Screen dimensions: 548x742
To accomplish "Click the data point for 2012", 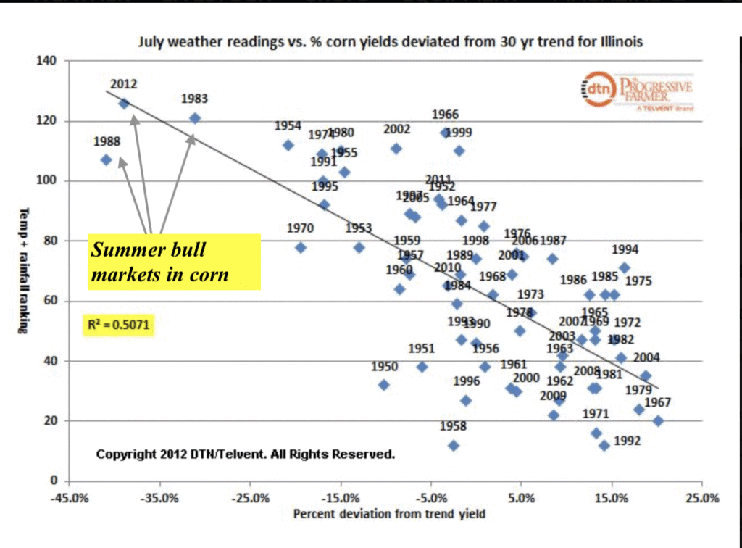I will [x=124, y=104].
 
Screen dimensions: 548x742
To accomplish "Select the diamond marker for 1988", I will [x=106, y=160].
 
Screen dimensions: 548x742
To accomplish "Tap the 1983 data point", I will [x=194, y=118].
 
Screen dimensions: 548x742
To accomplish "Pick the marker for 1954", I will [x=288, y=145].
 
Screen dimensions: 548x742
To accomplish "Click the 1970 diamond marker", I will [x=301, y=248].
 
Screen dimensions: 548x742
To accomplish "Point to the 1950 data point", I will [x=384, y=385].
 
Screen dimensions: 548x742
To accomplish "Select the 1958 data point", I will [x=454, y=446].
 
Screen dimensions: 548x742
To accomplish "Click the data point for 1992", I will [x=604, y=445].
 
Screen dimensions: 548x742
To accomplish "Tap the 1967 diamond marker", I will [x=658, y=420].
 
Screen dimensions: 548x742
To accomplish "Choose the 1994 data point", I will [x=625, y=268].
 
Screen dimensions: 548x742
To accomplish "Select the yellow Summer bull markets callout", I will [x=173, y=262].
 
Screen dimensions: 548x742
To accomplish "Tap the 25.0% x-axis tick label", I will [x=701, y=499].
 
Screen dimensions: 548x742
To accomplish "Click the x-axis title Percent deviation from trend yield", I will [x=389, y=515].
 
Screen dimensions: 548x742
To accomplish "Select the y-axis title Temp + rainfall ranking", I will [x=23, y=270].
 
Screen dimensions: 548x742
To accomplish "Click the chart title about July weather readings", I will [x=390, y=42].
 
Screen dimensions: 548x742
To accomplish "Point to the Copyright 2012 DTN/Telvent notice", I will [x=246, y=454].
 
